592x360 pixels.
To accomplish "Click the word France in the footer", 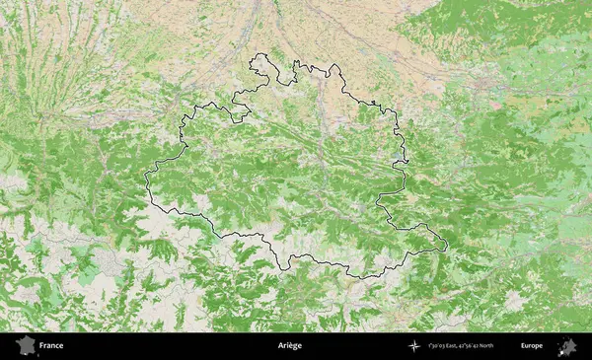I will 51,346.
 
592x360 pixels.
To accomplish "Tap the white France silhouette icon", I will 24,346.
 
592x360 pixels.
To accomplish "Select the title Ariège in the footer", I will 289,346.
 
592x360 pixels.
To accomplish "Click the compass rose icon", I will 413,346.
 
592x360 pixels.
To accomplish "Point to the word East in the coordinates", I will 452,346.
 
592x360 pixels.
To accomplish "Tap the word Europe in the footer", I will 532,346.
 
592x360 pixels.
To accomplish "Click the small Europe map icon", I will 567,346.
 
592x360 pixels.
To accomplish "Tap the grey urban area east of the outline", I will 514,297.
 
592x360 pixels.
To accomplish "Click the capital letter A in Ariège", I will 280,346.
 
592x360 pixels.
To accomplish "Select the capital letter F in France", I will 42,346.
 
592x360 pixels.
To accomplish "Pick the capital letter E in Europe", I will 523,346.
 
